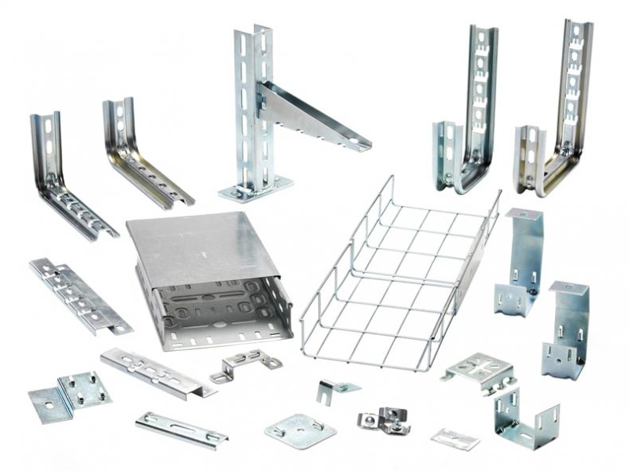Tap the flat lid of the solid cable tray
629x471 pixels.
203,247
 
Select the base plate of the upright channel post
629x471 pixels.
255,191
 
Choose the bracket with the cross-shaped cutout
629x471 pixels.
478,372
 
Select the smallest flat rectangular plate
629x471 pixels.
455,438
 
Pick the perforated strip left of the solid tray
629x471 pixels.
80,294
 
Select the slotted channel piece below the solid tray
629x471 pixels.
155,372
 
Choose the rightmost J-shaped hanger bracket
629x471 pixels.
557,111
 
